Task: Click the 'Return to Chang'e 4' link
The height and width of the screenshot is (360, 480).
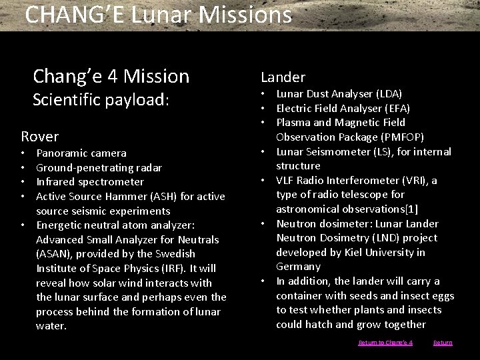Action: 385,343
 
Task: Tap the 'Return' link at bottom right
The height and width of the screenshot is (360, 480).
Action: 443,343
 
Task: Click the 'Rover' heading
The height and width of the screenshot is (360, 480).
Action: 40,137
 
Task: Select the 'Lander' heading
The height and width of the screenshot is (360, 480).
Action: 283,77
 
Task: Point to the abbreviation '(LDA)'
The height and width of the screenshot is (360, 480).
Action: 389,93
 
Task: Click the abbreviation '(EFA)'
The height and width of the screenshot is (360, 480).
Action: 397,108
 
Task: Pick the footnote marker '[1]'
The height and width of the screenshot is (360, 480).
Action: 411,209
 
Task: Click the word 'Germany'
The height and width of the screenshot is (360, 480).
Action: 298,267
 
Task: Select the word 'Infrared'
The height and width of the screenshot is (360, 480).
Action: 56,181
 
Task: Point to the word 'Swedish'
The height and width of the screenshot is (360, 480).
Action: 175,254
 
